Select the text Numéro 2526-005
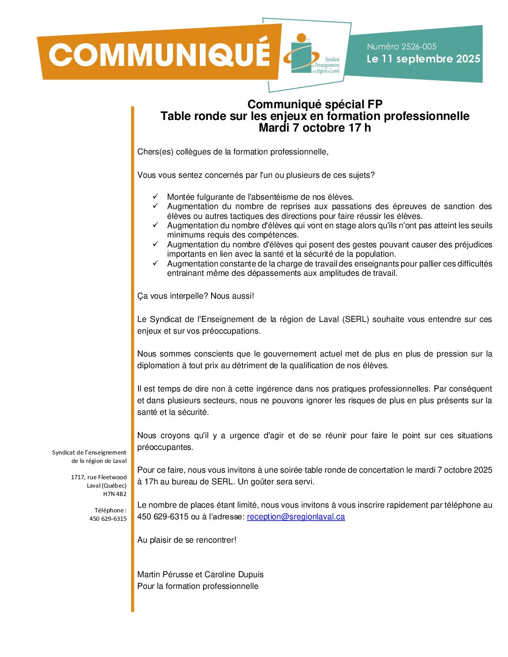click(x=402, y=47)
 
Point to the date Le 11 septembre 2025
click(x=423, y=59)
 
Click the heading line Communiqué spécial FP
click(x=315, y=104)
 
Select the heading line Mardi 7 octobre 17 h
click(x=315, y=127)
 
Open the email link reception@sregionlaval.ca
click(x=296, y=517)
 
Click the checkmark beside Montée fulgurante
click(x=156, y=196)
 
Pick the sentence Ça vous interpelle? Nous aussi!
click(x=196, y=296)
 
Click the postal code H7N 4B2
click(x=115, y=494)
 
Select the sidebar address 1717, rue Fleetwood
click(x=99, y=477)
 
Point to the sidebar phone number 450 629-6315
click(x=108, y=518)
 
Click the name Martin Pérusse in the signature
click(x=161, y=574)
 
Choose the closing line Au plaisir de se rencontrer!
click(x=187, y=540)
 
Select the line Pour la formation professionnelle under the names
click(x=198, y=586)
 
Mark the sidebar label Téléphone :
click(x=111, y=510)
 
